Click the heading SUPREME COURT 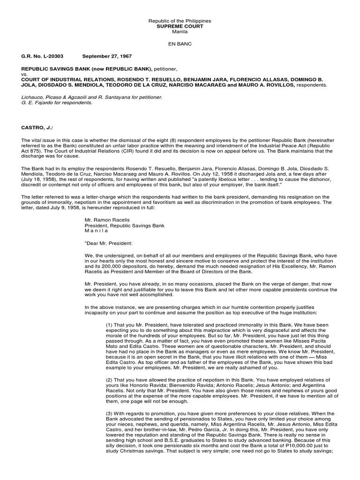point(180,27)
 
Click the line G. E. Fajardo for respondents point(57,102)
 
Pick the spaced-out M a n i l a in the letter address point(96,231)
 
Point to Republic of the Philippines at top point(180,21)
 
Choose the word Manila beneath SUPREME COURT point(180,32)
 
